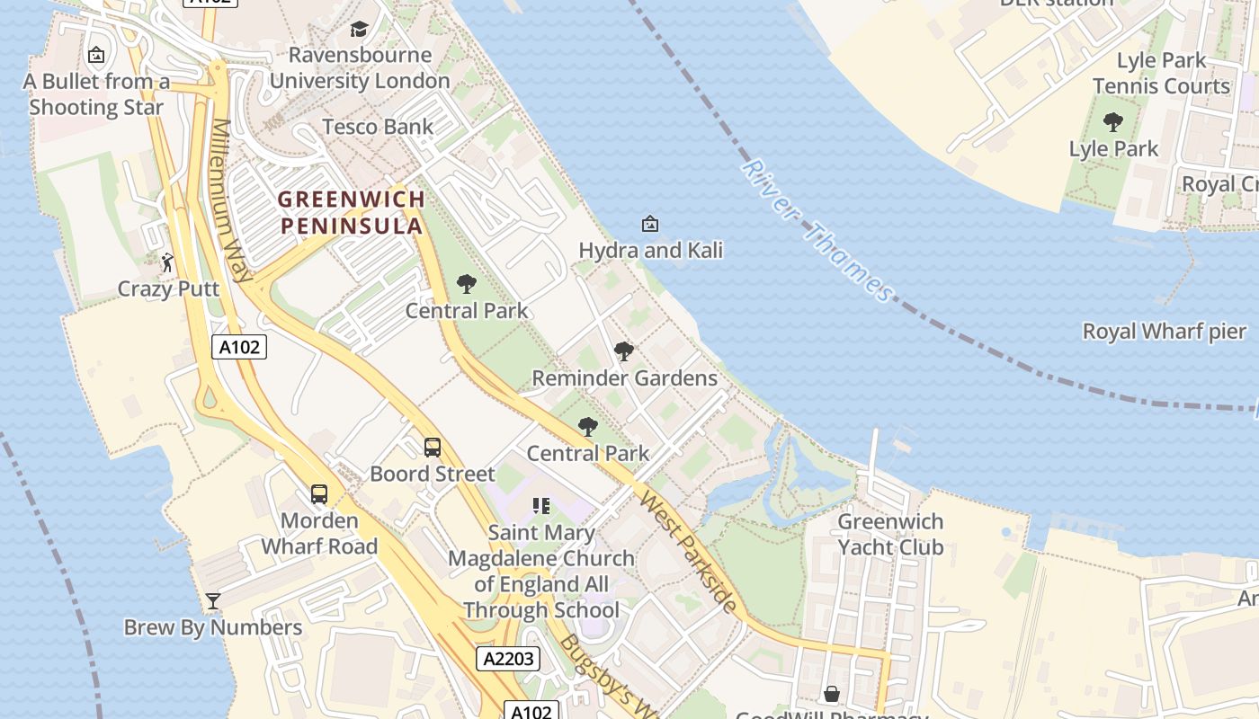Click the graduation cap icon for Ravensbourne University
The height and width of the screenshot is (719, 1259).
pos(359,30)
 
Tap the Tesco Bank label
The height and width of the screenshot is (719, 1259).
pos(378,127)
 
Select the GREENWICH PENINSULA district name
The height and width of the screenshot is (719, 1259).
pos(351,212)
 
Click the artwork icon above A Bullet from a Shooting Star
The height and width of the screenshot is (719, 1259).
pos(96,56)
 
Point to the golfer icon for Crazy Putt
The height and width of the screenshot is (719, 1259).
pos(167,262)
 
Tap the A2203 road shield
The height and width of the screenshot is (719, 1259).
pos(508,659)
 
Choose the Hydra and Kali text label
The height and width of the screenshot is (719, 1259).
pos(650,250)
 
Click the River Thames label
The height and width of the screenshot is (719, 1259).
pos(817,231)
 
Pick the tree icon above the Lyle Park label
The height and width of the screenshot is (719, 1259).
pos(1113,121)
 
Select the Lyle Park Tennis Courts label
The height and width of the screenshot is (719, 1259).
pos(1161,74)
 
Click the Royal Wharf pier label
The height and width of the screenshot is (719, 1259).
pos(1165,331)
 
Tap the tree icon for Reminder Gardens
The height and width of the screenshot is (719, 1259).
pos(623,351)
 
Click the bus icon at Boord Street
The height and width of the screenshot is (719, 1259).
pos(433,447)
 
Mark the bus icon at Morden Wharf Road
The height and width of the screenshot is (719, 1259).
pos(319,493)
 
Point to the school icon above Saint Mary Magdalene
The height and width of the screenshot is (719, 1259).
pos(540,506)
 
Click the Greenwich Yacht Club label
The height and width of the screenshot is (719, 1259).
pos(890,534)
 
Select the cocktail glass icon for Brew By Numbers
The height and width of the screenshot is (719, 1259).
pos(213,601)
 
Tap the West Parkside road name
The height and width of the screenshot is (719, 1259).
pos(688,551)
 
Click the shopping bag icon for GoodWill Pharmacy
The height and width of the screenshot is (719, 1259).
pos(832,694)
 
